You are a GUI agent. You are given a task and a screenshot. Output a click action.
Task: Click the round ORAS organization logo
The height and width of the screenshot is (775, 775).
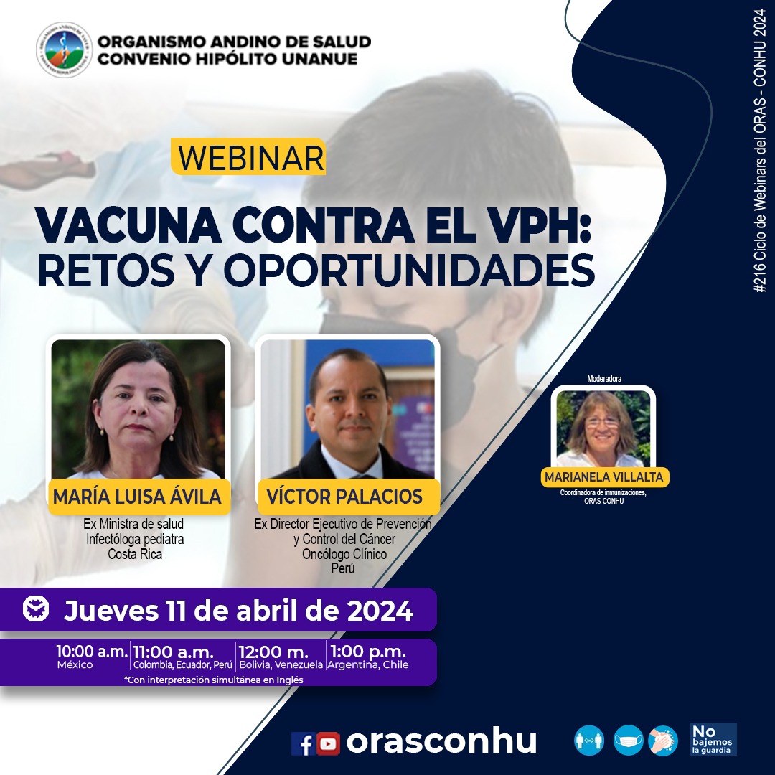[x=65, y=50]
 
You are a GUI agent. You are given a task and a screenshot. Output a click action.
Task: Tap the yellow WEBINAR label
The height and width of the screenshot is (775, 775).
[x=248, y=157]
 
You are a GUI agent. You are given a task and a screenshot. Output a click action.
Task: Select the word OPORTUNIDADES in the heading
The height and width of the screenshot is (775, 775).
[x=409, y=271]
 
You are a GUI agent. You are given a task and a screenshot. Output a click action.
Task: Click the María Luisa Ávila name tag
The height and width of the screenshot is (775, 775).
[x=139, y=497]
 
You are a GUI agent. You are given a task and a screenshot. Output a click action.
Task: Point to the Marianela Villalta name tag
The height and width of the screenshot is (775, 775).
[x=604, y=477]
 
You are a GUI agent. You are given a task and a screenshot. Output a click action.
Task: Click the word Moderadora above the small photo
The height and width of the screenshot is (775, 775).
[x=604, y=379]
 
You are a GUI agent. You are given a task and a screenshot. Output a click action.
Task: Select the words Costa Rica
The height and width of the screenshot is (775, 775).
[x=135, y=554]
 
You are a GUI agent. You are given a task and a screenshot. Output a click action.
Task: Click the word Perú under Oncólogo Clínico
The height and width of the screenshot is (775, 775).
[x=343, y=569]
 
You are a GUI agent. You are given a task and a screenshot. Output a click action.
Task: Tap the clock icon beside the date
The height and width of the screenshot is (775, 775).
[x=36, y=609]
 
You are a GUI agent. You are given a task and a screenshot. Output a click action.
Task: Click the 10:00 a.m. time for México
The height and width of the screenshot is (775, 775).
[x=91, y=652]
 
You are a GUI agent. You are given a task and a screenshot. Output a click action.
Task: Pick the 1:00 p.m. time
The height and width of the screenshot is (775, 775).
[x=367, y=652]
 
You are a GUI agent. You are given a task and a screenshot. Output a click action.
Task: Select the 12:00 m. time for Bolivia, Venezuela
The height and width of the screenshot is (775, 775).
[x=273, y=652]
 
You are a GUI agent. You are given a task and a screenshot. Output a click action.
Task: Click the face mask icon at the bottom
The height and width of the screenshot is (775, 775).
[x=628, y=741]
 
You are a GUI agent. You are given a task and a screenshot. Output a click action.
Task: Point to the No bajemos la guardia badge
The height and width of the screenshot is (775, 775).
[x=713, y=739]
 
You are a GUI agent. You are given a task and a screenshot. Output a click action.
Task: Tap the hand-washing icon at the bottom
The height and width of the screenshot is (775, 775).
[x=663, y=741]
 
